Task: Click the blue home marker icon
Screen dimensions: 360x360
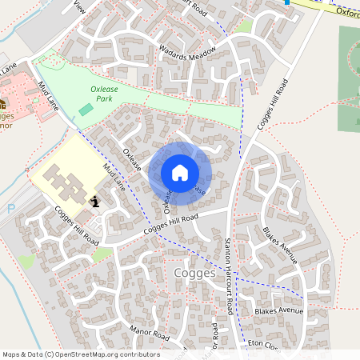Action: pos(180,173)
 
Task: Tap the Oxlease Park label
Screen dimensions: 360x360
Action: pos(104,94)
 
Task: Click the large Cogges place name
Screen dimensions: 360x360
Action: pos(194,273)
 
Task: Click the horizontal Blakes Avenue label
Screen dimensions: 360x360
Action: pos(279,310)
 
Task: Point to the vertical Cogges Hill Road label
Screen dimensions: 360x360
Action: pos(271,105)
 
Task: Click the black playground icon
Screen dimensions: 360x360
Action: pos(95,202)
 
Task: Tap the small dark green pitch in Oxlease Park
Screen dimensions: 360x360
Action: pos(86,108)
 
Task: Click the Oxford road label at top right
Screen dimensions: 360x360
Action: pos(347,12)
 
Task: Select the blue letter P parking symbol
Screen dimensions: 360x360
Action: pos(10,209)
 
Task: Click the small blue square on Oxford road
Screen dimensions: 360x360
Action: pos(286,2)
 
